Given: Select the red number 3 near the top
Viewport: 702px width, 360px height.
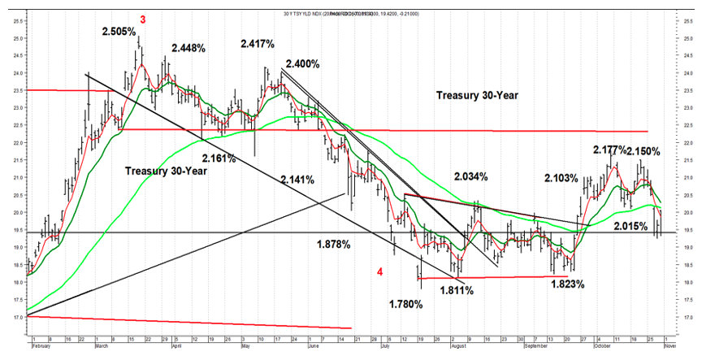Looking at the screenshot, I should tap(143, 19).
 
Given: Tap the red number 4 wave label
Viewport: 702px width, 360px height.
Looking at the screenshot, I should tap(380, 271).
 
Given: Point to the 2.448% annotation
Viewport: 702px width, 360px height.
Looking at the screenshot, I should tap(188, 47).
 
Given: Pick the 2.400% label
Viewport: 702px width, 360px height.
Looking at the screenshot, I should tap(302, 63).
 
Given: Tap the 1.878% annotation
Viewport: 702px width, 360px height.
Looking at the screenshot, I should tap(333, 243).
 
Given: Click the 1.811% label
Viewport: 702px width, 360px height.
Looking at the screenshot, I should tap(457, 289).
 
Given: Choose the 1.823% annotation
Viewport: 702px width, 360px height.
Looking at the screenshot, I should tap(568, 284).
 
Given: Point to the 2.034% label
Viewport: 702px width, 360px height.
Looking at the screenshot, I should tap(472, 176).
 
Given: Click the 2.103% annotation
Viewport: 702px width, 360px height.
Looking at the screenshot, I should tap(561, 178).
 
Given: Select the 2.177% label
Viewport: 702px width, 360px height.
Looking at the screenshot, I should tap(610, 150).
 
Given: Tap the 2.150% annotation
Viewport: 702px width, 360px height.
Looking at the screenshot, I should tap(643, 151).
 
